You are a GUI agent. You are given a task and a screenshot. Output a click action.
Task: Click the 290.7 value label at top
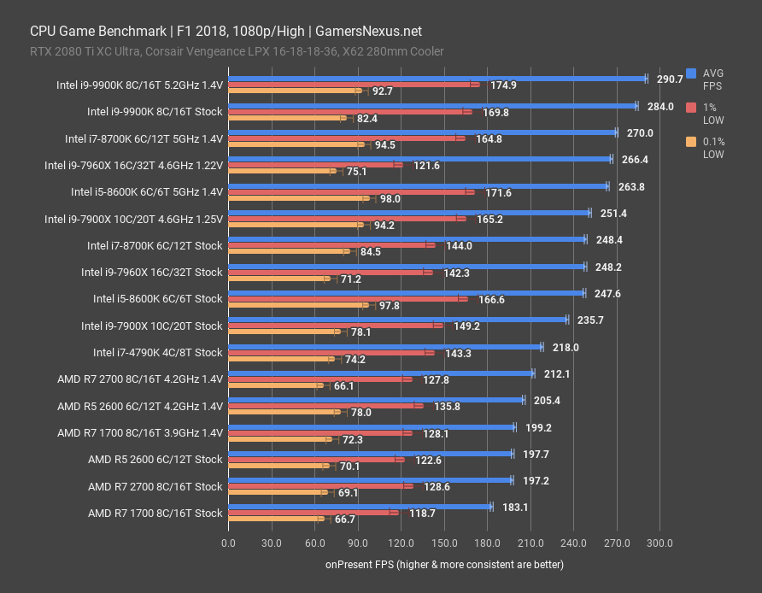(669, 79)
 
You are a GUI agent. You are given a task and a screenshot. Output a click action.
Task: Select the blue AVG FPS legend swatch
(690, 73)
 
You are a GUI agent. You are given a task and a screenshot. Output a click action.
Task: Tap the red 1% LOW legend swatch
(690, 108)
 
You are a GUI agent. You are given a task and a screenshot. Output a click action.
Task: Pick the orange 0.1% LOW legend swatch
(690, 142)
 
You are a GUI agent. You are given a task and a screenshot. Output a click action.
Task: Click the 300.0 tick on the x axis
(659, 543)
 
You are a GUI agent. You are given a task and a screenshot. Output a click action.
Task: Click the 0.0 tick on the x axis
(228, 543)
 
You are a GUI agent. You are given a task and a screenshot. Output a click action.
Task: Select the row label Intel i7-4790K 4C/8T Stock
(157, 352)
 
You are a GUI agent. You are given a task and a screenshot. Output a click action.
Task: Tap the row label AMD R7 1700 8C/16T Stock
(155, 513)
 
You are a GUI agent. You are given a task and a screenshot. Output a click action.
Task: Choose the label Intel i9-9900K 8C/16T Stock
(155, 111)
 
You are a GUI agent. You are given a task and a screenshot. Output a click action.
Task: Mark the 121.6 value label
(426, 165)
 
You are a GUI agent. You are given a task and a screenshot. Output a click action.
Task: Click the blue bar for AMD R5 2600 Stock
(370, 454)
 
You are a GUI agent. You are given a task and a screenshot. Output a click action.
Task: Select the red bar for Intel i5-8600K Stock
(346, 299)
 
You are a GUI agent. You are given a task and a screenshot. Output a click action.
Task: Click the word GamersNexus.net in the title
(368, 31)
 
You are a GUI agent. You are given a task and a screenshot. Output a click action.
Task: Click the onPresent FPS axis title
(443, 565)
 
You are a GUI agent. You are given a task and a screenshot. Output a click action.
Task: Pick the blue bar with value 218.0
(384, 347)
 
